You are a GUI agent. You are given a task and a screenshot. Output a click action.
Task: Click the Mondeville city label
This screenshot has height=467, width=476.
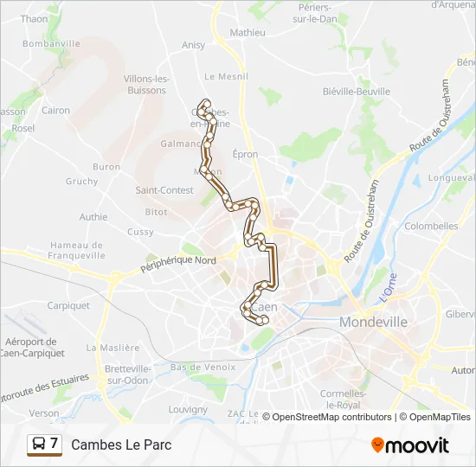click(373, 322)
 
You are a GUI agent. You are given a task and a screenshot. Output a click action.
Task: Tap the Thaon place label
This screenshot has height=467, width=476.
click(34, 18)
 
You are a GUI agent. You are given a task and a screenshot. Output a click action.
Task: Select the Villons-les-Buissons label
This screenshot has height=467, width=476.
click(145, 84)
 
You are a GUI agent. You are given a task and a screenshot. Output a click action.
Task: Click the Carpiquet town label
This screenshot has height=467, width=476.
click(68, 305)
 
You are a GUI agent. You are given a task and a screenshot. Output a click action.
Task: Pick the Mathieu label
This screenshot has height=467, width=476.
click(248, 33)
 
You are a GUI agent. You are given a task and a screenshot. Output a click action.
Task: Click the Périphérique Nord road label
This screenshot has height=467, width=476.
click(178, 265)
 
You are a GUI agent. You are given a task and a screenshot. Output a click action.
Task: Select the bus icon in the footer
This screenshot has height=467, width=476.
click(39, 445)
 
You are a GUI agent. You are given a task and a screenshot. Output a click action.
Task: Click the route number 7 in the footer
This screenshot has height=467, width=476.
click(55, 444)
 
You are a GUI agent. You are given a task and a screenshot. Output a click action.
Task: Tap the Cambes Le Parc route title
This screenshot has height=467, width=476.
click(121, 445)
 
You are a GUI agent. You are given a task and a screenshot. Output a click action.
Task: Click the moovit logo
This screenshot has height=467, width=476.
click(410, 445)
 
